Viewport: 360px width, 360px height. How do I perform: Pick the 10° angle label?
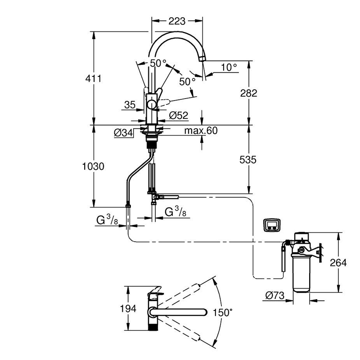[229, 67]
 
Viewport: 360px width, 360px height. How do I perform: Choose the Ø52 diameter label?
[179, 116]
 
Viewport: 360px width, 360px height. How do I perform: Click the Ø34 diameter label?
[123, 133]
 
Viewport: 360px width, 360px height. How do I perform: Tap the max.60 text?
[201, 131]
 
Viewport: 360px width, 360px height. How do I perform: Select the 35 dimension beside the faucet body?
[130, 105]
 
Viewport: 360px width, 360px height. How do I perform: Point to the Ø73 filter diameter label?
[274, 296]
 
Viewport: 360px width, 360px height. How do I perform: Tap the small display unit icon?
[272, 225]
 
